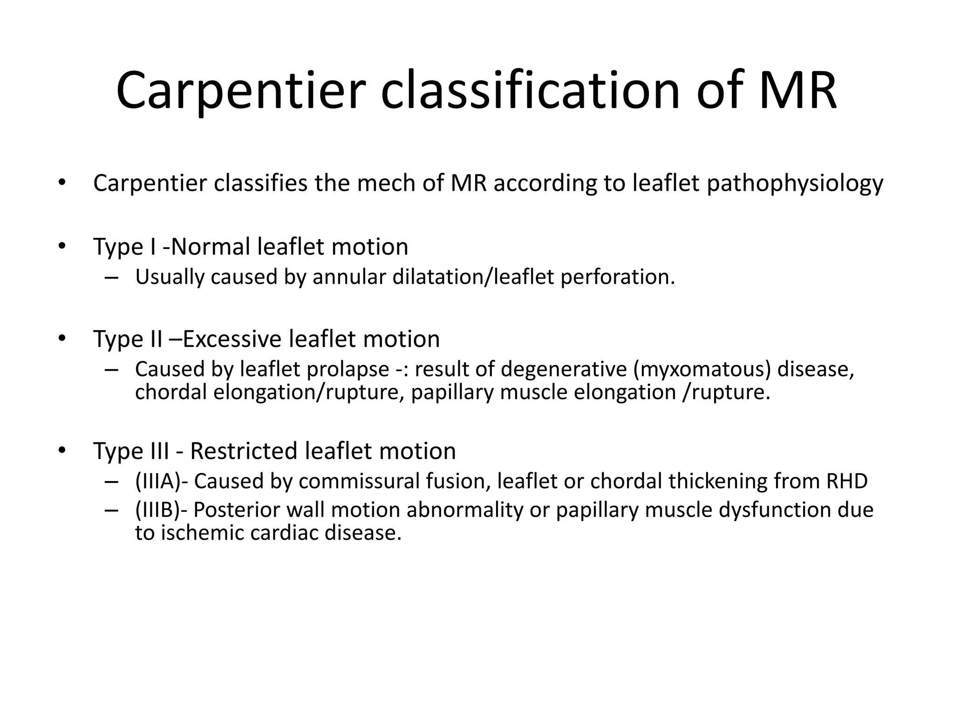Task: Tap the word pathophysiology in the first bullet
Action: click(795, 183)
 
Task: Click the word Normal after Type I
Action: click(211, 247)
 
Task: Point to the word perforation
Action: click(617, 277)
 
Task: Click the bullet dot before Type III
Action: click(62, 451)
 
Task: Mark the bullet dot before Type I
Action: click(62, 247)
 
